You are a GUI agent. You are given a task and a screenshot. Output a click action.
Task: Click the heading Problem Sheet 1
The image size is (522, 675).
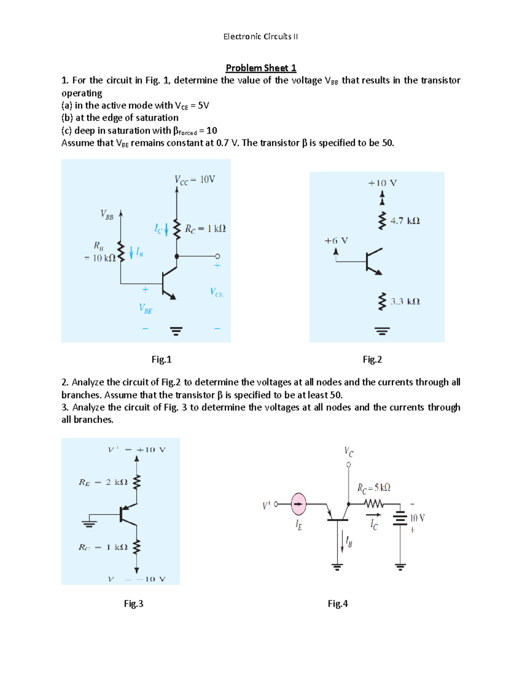pos(261,68)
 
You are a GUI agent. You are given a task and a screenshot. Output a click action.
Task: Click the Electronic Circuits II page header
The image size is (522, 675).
pos(261,37)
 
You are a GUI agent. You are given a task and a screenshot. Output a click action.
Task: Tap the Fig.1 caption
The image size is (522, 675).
pos(161,359)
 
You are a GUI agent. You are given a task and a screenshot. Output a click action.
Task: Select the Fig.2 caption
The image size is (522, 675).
pos(372,359)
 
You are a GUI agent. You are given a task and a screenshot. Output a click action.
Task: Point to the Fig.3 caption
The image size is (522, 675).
pos(134,604)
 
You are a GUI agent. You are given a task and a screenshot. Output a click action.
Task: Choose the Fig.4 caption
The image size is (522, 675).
pos(338,604)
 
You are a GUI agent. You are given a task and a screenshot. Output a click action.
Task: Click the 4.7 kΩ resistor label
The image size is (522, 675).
pos(405,221)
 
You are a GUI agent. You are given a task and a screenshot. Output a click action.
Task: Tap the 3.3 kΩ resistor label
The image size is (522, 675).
pos(405,302)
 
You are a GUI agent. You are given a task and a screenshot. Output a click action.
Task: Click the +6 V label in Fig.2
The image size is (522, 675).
pos(336,241)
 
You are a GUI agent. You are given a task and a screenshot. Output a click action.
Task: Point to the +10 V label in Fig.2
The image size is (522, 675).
pos(382,183)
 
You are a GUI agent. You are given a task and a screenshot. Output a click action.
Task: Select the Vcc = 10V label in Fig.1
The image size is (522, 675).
pos(194,180)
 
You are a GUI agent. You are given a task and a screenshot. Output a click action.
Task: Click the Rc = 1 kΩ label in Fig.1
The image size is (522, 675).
pos(205,229)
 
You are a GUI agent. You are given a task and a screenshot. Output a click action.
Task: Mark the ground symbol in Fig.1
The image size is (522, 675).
pos(176,331)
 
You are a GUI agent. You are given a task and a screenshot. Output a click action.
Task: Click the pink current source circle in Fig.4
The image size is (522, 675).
pos(298,504)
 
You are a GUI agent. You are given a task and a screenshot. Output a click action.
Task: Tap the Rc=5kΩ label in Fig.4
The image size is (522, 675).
pos(374,488)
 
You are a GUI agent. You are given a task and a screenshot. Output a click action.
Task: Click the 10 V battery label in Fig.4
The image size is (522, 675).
pos(417,518)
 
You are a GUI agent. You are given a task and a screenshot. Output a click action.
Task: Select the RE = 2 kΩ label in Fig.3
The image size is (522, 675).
pos(103,482)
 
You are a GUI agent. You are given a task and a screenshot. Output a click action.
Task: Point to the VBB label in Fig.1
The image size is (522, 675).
pos(107,214)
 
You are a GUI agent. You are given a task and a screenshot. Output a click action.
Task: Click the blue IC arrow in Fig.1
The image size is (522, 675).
pos(166,229)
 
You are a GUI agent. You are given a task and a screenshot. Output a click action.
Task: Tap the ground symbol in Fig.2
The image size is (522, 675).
pos(382,331)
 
